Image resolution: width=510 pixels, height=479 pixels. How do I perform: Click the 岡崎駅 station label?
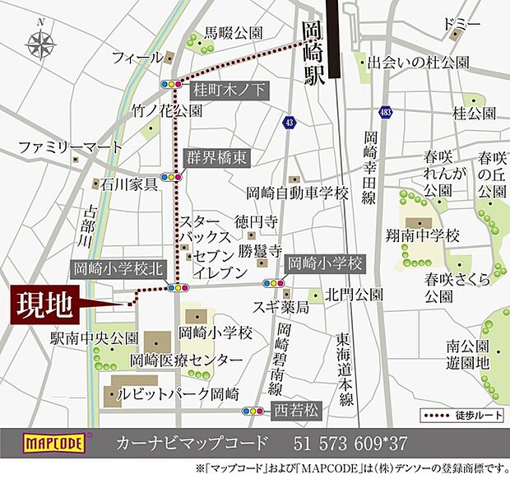(x=313, y=54)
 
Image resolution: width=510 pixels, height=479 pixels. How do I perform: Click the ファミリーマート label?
(x=71, y=147)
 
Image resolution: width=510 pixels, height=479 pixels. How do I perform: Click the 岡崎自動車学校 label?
(x=298, y=194)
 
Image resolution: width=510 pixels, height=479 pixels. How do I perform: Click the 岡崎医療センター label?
(x=187, y=361)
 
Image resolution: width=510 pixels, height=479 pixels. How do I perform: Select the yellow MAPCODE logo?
(x=53, y=444)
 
